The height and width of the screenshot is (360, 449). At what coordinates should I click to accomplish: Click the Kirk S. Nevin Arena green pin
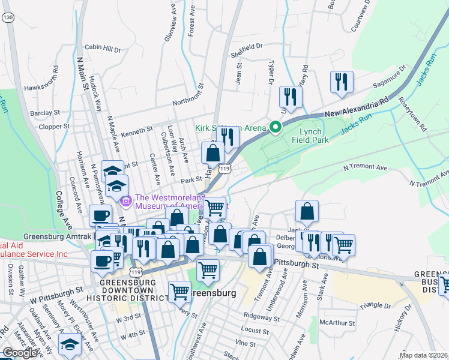(276, 127)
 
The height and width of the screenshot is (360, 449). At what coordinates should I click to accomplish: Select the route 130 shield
(7, 19)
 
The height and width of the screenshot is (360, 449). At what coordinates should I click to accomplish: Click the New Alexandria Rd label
(357, 106)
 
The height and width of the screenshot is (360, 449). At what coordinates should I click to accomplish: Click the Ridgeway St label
(260, 315)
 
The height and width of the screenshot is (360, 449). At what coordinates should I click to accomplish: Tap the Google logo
(20, 353)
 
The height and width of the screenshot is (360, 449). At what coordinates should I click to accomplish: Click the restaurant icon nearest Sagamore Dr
(342, 82)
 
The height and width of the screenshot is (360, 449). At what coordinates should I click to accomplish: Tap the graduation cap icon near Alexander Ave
(70, 345)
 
